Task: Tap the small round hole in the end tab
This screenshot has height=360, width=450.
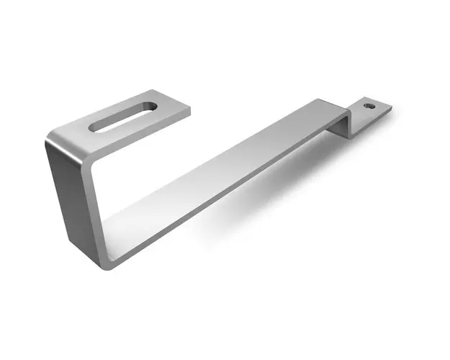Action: [369, 106]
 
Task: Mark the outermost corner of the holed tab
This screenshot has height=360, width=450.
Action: [392, 109]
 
